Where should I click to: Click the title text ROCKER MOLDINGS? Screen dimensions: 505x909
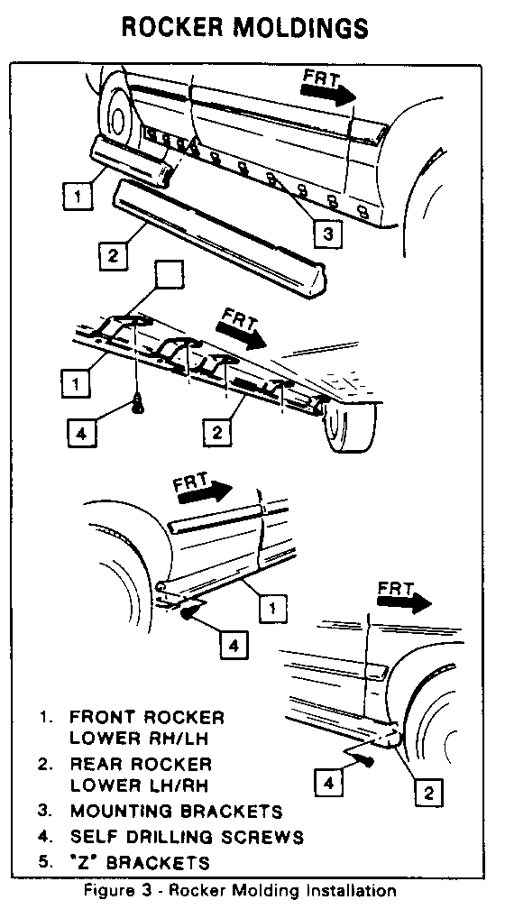click(x=244, y=27)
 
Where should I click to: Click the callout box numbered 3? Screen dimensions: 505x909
click(x=328, y=234)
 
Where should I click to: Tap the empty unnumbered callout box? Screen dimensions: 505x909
click(x=170, y=274)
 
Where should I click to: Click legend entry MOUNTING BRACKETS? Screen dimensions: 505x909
click(x=176, y=811)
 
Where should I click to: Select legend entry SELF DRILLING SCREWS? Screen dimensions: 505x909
click(x=187, y=837)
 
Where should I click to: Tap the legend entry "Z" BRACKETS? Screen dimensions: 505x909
click(x=139, y=862)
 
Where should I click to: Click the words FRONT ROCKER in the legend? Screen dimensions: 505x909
click(x=147, y=717)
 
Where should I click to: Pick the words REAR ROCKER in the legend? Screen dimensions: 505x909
click(x=141, y=764)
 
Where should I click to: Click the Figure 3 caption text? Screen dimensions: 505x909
click(x=241, y=890)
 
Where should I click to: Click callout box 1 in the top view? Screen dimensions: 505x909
click(x=78, y=196)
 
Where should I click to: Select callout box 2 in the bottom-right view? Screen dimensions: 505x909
click(x=428, y=792)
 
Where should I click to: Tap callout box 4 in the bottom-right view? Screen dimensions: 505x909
click(x=329, y=783)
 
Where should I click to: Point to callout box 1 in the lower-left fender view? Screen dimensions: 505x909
click(x=272, y=607)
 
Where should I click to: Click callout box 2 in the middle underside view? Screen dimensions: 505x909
click(x=216, y=433)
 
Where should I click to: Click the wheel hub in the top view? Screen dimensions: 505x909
click(x=119, y=118)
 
